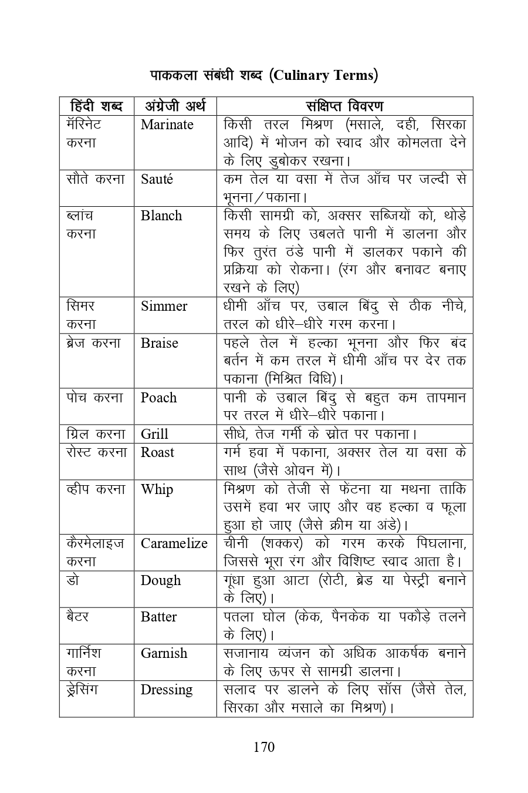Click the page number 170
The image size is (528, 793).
pos(264,747)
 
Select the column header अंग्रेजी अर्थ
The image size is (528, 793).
pos(175,106)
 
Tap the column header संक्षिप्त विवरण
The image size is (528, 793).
pos(344,106)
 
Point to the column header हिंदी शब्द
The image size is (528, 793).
pos(96,106)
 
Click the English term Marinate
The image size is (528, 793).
pos(167,125)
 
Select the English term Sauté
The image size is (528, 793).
pos(157,179)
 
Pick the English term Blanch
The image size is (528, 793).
pos(161,216)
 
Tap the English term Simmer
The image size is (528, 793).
pos(164,306)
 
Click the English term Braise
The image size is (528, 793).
pos(159,343)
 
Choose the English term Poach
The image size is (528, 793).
pos(158,398)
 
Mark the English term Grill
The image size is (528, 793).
pos(154,434)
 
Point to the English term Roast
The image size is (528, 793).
pos(157,452)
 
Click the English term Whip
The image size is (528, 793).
pos(157,489)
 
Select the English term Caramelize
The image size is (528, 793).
pos(174,543)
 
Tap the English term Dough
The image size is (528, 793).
pos(161,580)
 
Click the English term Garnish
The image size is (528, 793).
pos(164,653)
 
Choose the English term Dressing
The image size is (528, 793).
pos(167,690)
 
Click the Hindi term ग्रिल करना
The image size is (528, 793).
pos(96,434)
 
